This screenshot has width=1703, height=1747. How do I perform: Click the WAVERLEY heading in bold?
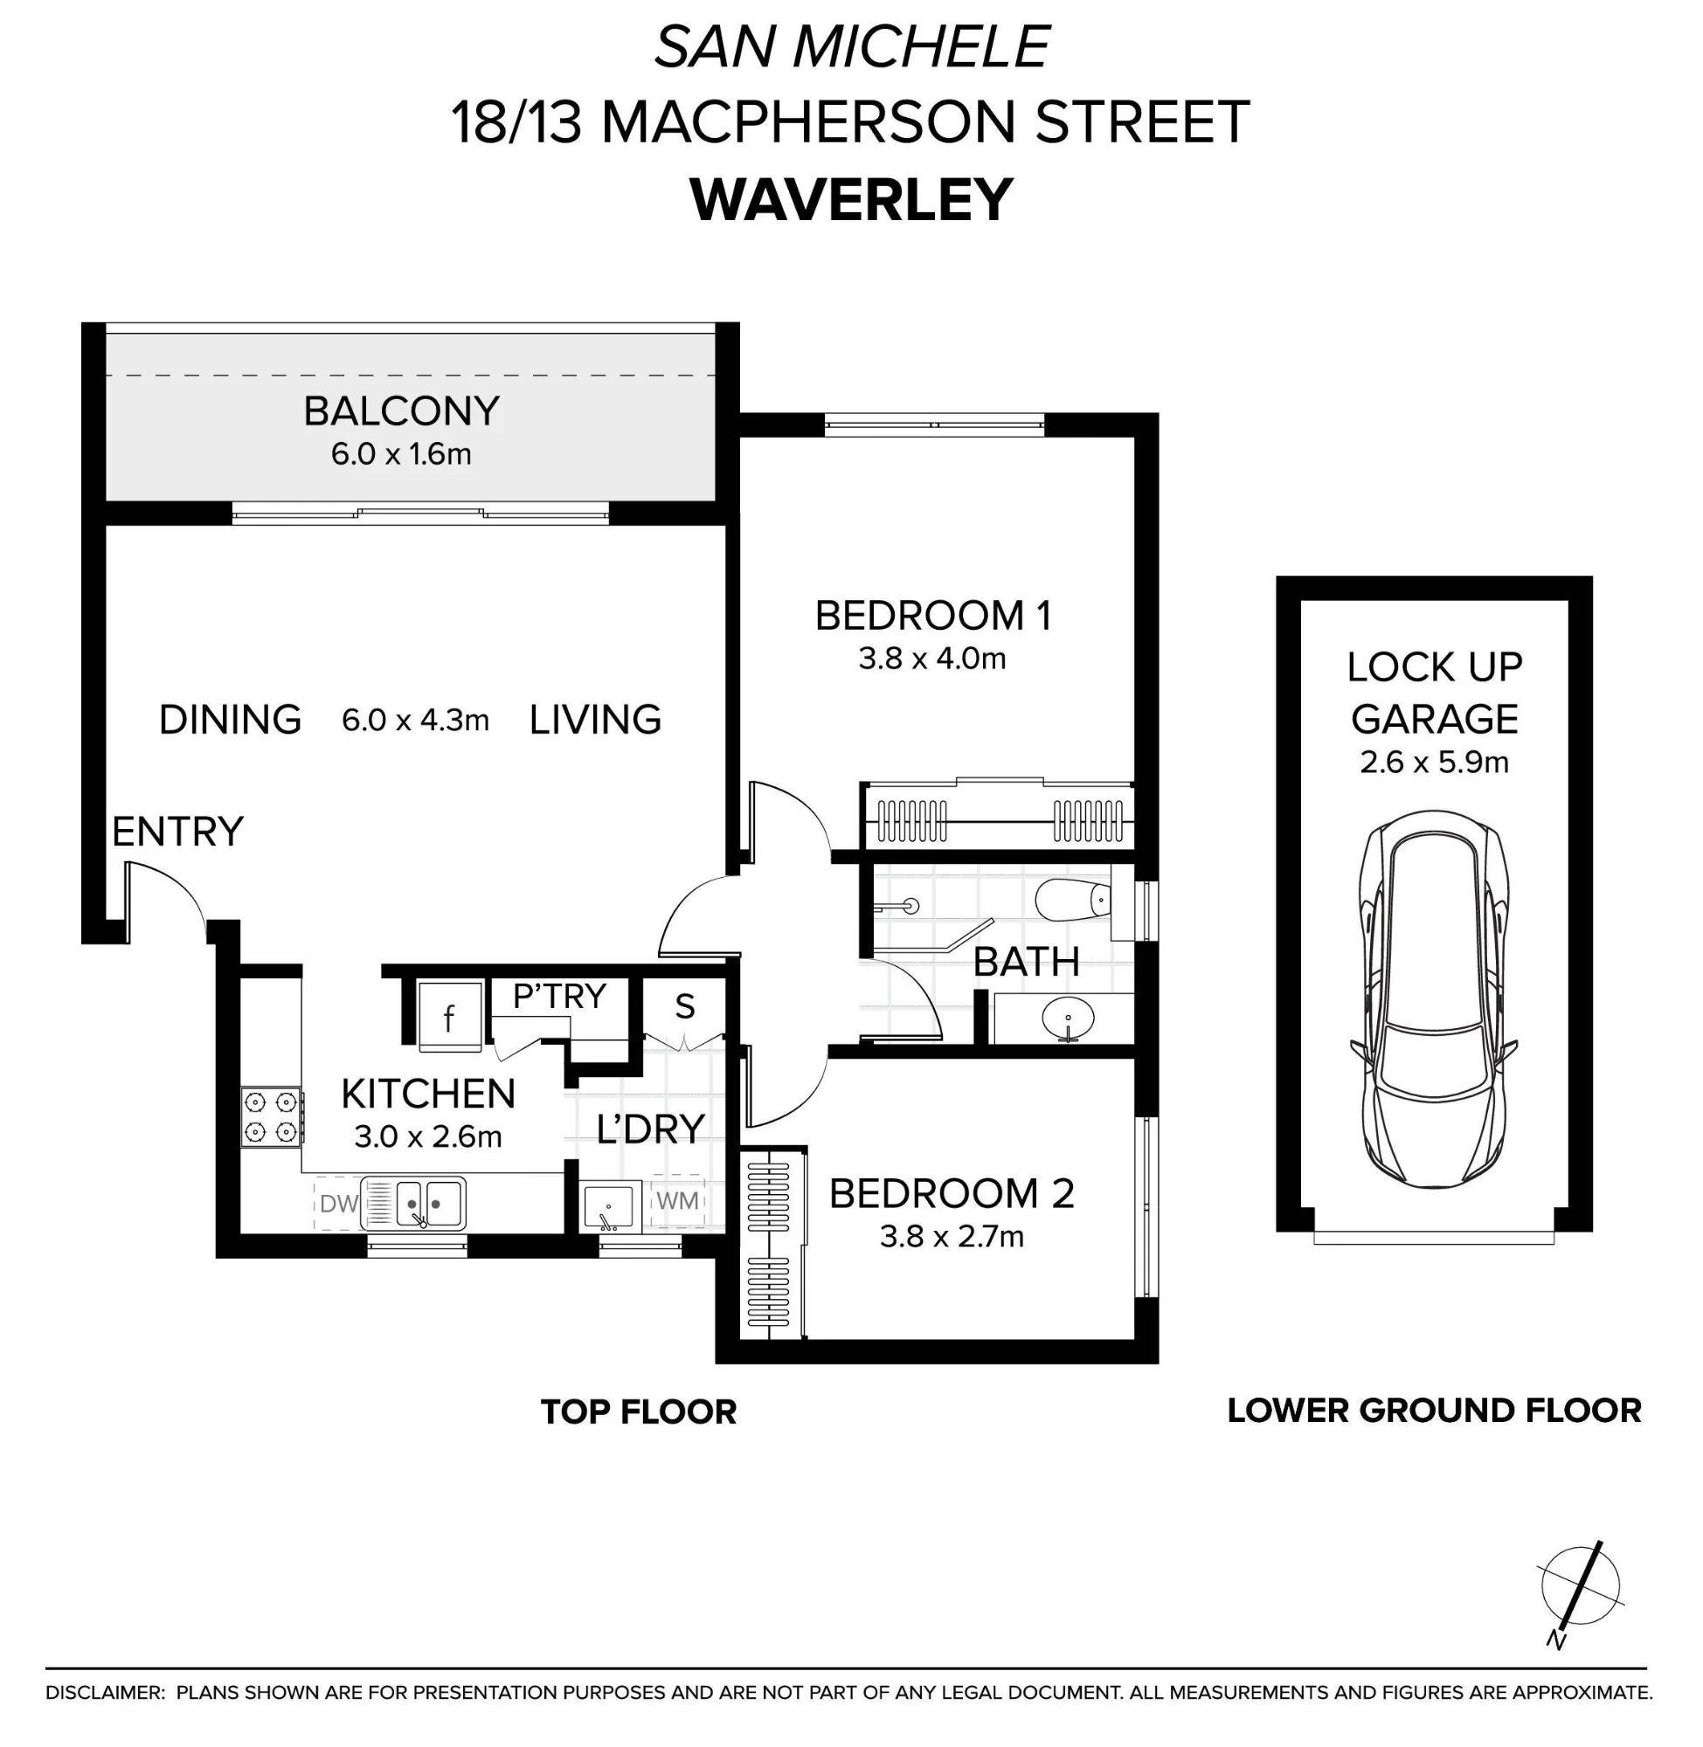pos(851,200)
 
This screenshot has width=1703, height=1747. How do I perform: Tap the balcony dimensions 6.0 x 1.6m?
pos(401,454)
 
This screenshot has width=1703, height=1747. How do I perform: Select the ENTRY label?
pos(177,832)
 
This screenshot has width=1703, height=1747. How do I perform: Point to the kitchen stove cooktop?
pos(271,1117)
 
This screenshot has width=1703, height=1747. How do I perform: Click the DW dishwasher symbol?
pos(339,1204)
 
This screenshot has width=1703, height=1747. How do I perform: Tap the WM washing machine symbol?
pos(678,1202)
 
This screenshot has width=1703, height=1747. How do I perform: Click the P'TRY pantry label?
pos(560,996)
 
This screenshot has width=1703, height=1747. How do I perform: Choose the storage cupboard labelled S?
pos(685,1007)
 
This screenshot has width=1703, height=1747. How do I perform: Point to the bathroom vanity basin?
pos(1068,1019)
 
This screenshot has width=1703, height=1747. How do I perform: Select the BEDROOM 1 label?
pos(933,616)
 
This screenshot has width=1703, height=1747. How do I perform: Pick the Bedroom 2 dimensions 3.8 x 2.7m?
pos(952,1237)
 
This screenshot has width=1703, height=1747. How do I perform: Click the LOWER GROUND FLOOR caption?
pos(1434,1410)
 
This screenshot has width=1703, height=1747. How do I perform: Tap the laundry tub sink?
pos(609,1206)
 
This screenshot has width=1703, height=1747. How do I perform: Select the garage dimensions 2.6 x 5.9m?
pos(1435,763)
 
